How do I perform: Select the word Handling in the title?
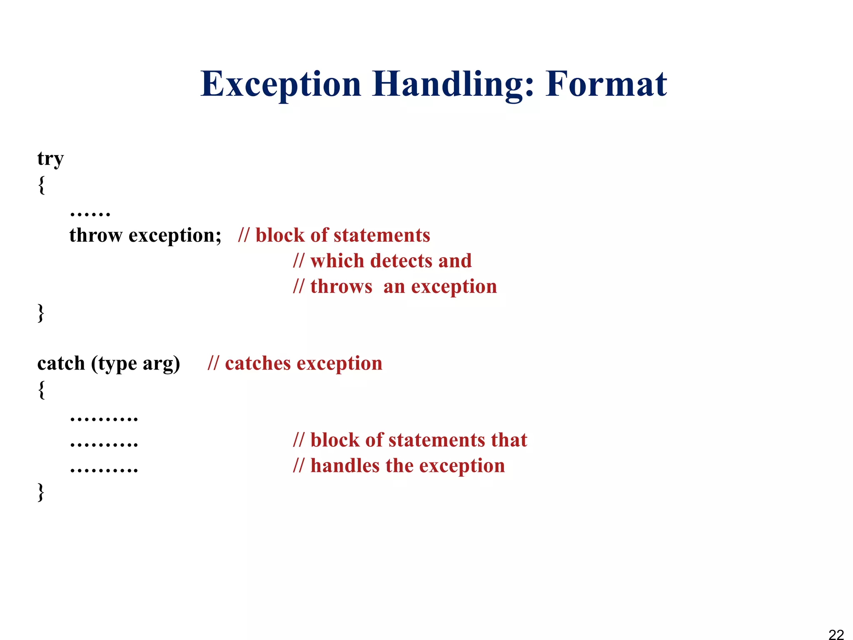point(453,85)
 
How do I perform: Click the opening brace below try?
point(41,185)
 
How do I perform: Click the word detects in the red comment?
point(401,261)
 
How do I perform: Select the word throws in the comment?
point(341,287)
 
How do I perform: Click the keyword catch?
point(61,363)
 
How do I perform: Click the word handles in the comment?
point(345,466)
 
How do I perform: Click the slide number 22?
point(836,634)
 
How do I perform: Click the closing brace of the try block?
point(41,312)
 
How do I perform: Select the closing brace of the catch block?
point(41,492)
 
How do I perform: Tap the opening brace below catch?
point(41,390)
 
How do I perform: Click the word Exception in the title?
point(280,85)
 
